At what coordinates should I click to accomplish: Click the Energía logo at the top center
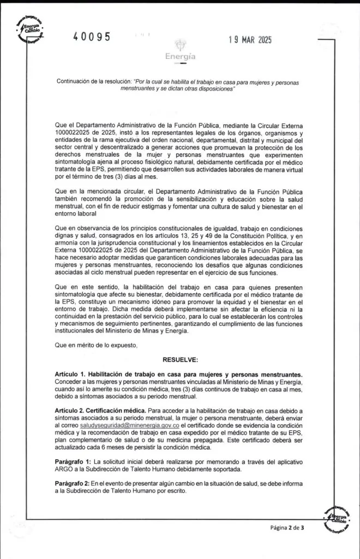(x=180, y=51)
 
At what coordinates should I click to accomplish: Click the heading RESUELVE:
(x=180, y=360)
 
